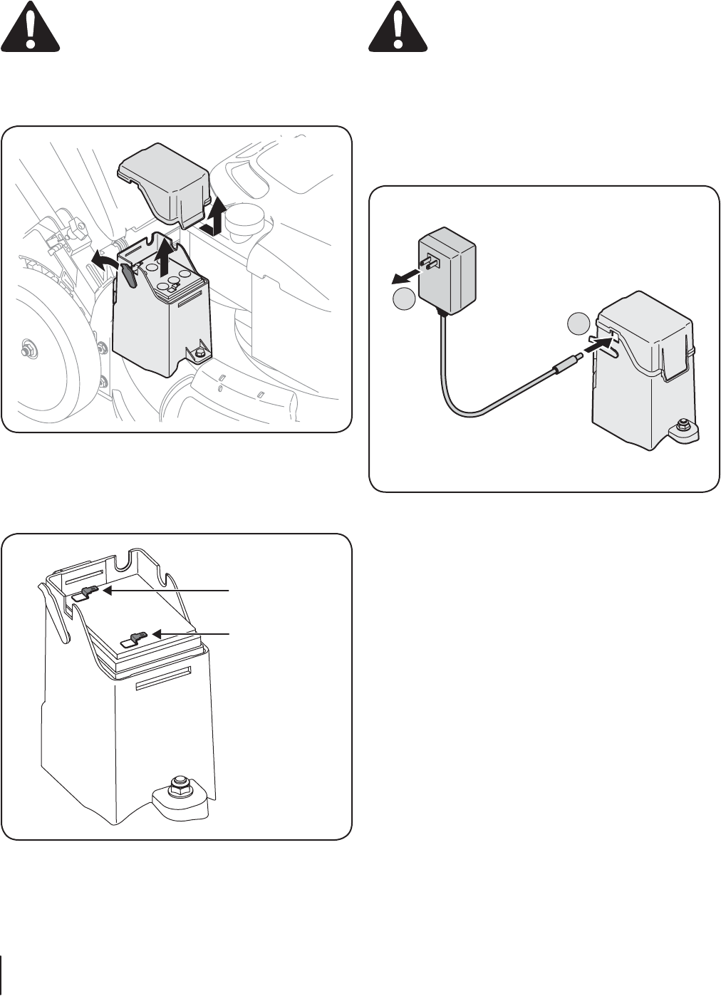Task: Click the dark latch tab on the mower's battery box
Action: (129, 275)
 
